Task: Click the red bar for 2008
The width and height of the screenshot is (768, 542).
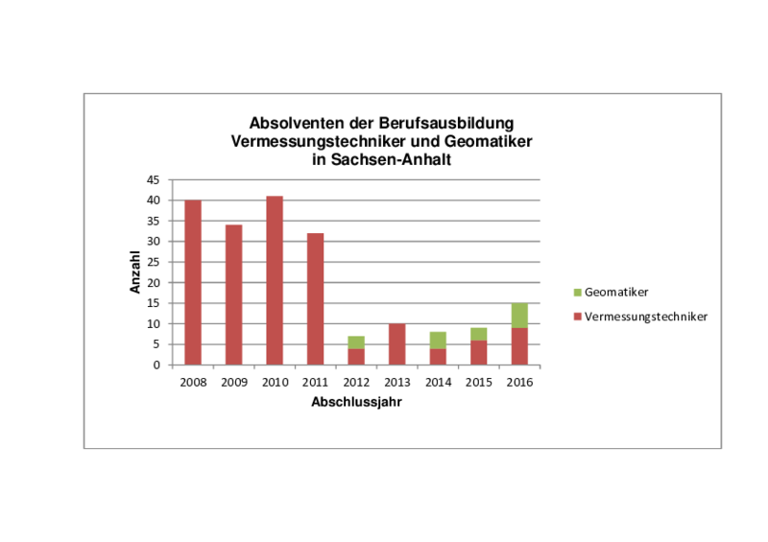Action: (192, 282)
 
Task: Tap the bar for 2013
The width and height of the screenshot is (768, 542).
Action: (397, 344)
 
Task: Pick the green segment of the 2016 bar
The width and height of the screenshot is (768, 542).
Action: (519, 316)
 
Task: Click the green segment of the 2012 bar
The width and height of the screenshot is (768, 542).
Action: (356, 342)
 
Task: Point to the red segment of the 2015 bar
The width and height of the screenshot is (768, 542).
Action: (479, 352)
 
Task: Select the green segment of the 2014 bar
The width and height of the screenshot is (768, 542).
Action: (438, 341)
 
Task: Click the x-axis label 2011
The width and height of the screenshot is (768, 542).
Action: (315, 382)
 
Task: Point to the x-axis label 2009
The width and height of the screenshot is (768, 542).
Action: (233, 382)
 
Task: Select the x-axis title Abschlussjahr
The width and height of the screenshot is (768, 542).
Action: (356, 403)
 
